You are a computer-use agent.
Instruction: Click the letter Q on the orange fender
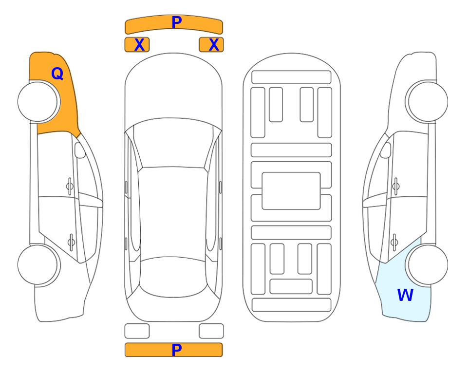pos(57,74)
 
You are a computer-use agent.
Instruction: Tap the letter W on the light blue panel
pos(405,295)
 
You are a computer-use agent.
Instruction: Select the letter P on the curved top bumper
pos(176,22)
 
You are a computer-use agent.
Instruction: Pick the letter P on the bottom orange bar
pos(176,350)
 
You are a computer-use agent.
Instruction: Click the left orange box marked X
pos(137,45)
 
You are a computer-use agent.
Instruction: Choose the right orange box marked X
pos(211,45)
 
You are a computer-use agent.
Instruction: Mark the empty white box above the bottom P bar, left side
pos(137,331)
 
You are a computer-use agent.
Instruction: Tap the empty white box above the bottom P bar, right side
pos(211,331)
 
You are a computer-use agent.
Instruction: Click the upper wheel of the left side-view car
pos(39,102)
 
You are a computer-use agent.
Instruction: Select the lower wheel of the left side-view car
pos(39,265)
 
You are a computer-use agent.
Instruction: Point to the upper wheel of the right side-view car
pos(427,101)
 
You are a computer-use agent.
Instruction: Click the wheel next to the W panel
pos(427,264)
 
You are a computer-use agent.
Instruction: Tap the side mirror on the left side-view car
pos(80,150)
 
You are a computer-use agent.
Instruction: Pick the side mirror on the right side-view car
pos(386,150)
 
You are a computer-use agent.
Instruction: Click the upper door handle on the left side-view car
pos(70,186)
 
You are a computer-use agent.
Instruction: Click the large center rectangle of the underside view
pos(291,191)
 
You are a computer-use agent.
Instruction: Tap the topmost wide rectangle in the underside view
pos(291,77)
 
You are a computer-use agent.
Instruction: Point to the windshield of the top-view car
pos(173,143)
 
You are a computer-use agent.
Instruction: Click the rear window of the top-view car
pos(173,277)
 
